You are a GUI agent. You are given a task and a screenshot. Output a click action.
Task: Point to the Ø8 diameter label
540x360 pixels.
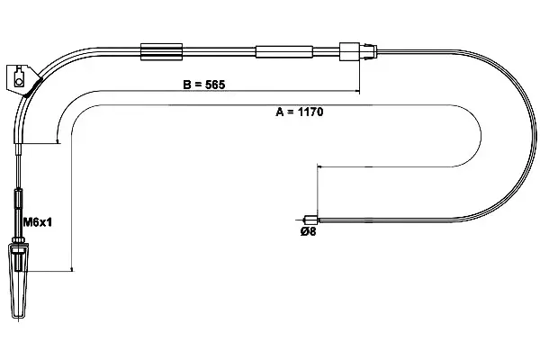tap(309, 231)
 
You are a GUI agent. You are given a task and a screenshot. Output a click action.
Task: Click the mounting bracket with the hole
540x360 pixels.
tap(23, 78)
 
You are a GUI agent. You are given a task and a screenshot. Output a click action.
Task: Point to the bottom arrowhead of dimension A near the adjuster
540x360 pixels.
tap(70, 267)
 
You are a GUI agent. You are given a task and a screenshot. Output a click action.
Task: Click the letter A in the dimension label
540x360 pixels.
tap(279, 112)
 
